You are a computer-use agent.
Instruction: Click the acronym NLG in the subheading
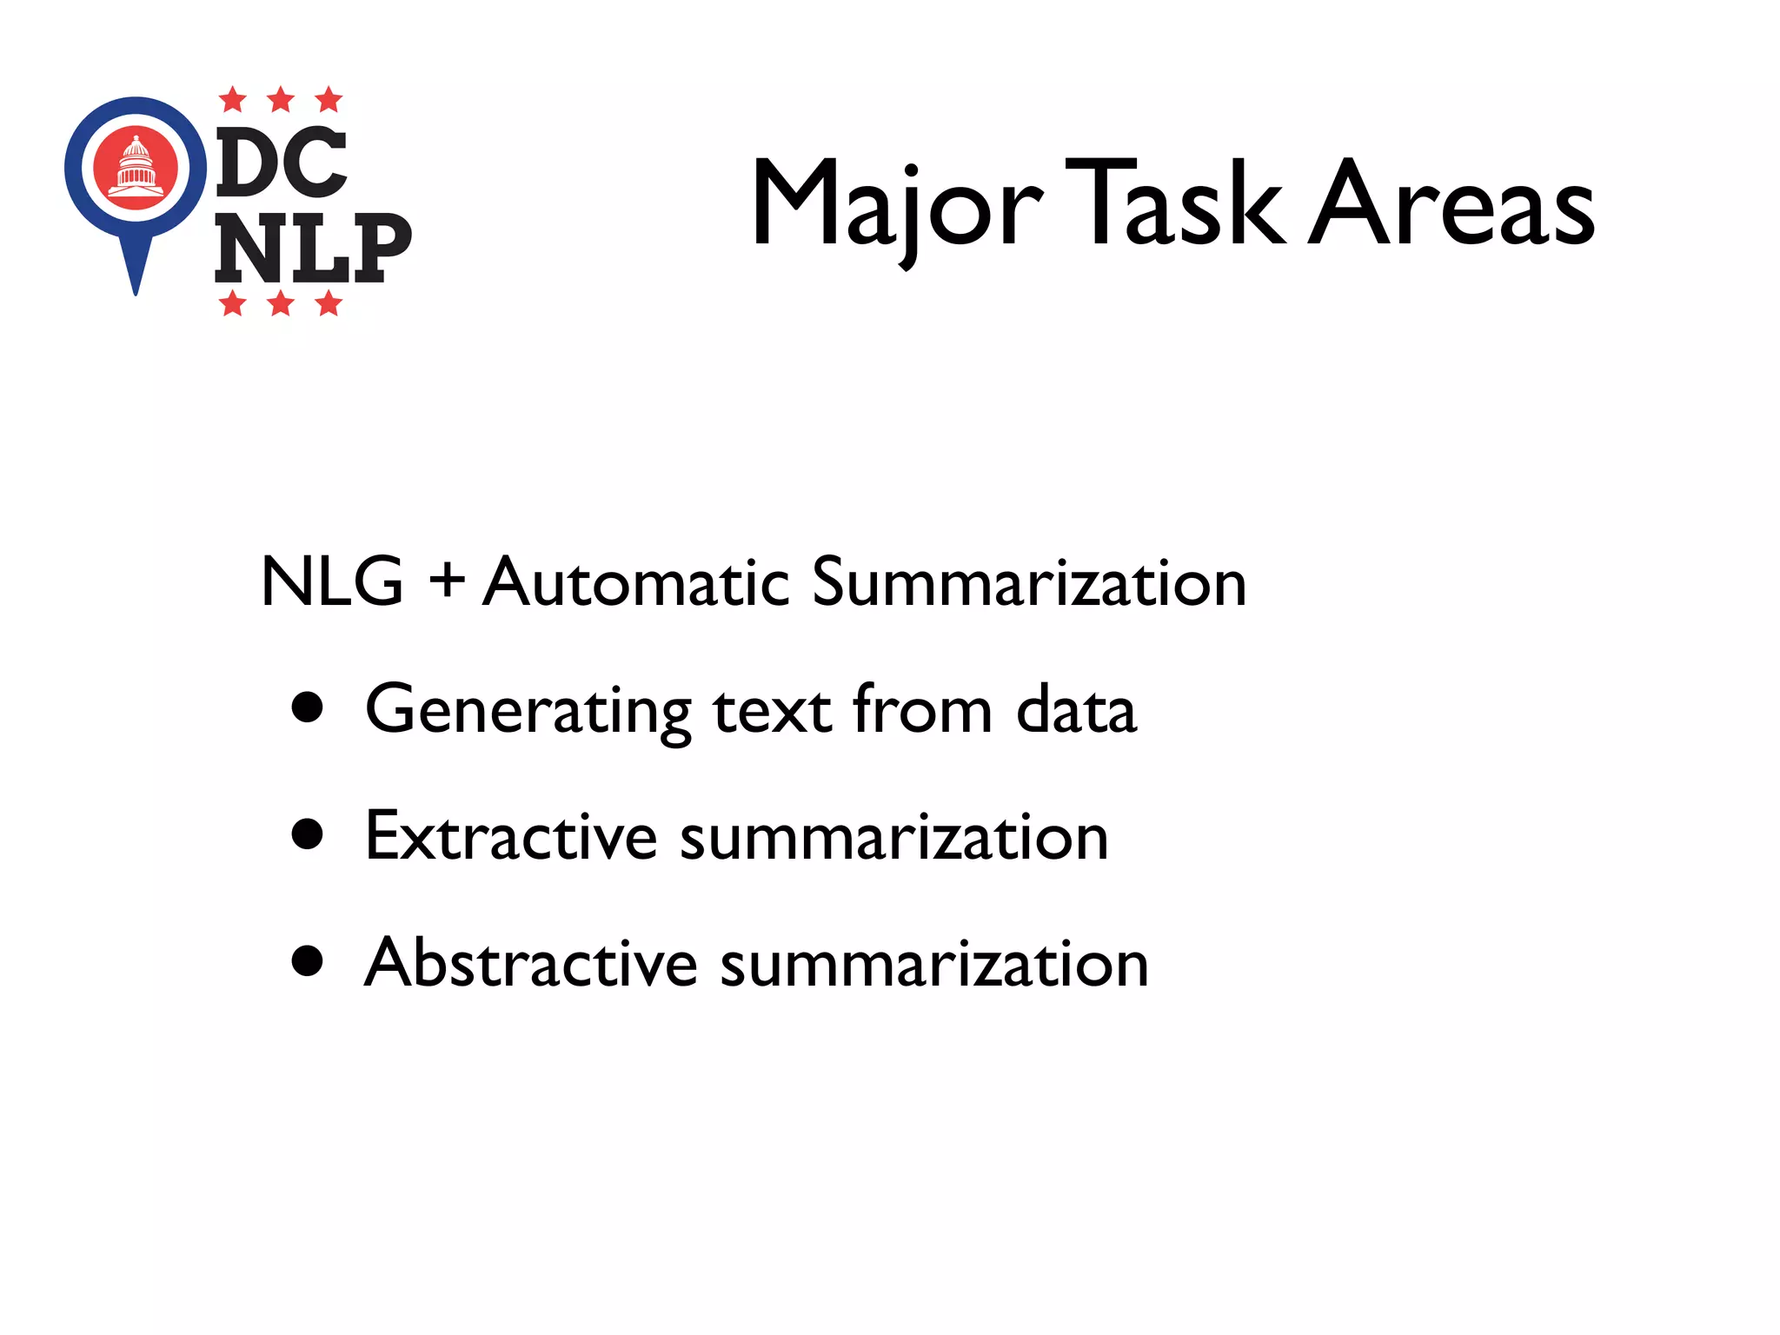pos(332,581)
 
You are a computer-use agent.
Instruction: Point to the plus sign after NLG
pos(447,581)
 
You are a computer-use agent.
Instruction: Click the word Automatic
pos(635,581)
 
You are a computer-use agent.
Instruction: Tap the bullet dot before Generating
pos(308,707)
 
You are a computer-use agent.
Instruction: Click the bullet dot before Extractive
pos(308,834)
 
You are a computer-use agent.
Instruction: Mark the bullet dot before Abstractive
pos(308,961)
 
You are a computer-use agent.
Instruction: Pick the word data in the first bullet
pos(1076,709)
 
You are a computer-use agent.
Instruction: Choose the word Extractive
pos(511,836)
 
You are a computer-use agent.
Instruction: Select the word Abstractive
pos(531,963)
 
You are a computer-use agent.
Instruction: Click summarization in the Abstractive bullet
pos(934,965)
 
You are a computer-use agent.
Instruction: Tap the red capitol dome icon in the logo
pos(136,167)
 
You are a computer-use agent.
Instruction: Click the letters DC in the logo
pos(281,163)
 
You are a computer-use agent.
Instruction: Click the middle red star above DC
pos(280,100)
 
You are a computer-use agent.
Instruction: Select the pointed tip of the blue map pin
pos(136,290)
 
